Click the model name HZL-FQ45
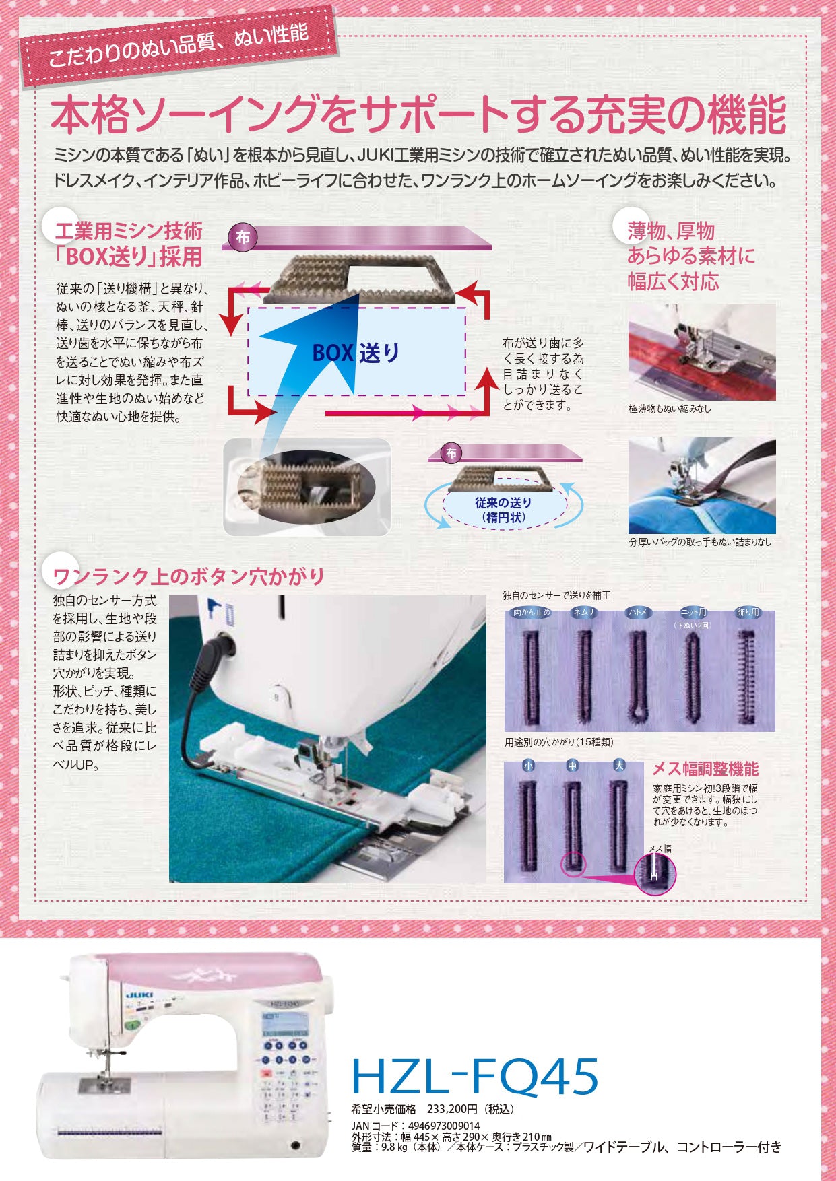coord(474,1076)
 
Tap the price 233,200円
coord(452,1109)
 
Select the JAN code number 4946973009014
coord(444,1126)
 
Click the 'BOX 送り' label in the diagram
coord(356,352)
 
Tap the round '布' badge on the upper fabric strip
coord(243,238)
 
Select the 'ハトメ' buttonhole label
coord(637,613)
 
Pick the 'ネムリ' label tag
coord(583,613)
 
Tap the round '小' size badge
coord(528,766)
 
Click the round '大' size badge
coord(618,766)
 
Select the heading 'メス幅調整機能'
coord(705,769)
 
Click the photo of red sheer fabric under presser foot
coord(701,352)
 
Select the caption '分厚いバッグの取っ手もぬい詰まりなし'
coord(700,541)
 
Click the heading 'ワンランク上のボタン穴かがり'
coord(189,576)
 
